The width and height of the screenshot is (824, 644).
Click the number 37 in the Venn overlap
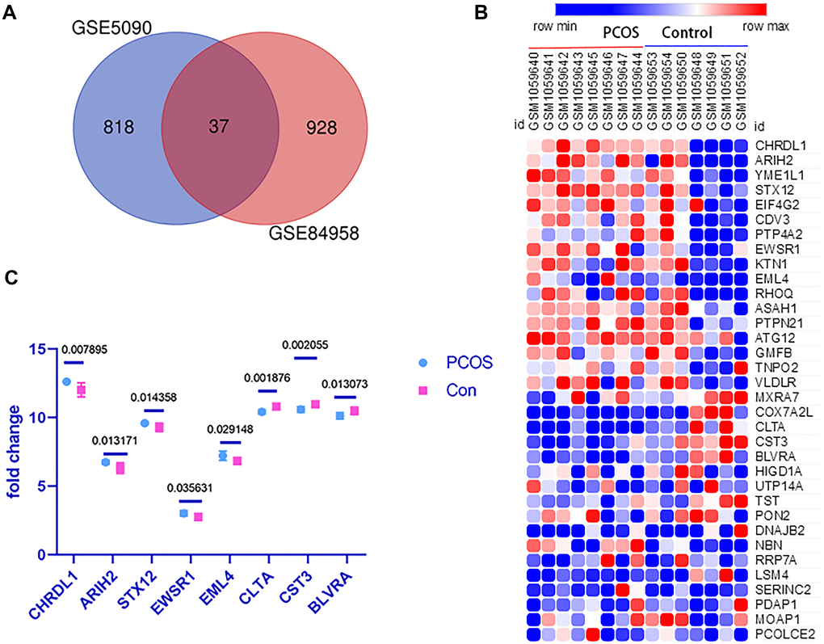click(x=220, y=127)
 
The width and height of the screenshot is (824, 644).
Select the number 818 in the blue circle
click(x=119, y=127)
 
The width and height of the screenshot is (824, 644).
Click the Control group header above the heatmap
click(x=687, y=33)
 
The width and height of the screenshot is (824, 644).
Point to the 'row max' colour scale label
click(x=765, y=27)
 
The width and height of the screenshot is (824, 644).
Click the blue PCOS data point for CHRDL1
click(x=66, y=381)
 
